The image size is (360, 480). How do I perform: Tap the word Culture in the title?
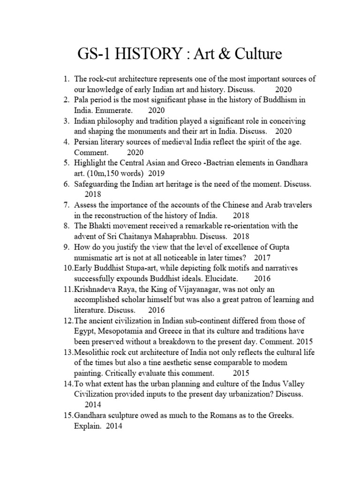pos(255,54)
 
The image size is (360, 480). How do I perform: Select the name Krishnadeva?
pos(96,289)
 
